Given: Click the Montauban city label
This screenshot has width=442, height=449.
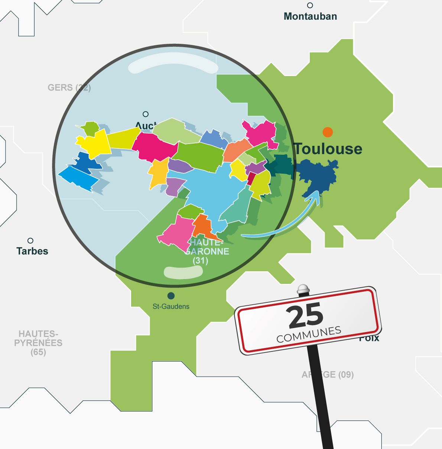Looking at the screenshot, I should click(x=310, y=16).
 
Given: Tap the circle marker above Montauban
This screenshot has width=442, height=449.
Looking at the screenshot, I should click(x=310, y=5).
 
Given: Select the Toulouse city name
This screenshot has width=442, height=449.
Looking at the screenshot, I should click(x=328, y=149).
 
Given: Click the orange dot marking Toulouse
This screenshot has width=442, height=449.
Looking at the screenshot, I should click(x=327, y=132).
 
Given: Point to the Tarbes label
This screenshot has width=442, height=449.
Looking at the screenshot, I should click(x=32, y=251).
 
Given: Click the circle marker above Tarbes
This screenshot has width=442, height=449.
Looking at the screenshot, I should click(x=30, y=241).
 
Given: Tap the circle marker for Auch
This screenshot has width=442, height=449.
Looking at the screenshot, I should click(x=146, y=114).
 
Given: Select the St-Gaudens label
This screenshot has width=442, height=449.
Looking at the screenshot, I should click(x=171, y=307).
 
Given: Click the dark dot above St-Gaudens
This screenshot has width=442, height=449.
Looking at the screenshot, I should click(x=171, y=296).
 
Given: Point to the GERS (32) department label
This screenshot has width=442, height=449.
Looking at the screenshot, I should click(x=69, y=88).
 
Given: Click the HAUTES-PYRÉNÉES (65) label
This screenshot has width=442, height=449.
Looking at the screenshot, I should click(x=38, y=343).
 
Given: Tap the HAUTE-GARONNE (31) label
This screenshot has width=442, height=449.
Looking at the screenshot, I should click(x=207, y=251).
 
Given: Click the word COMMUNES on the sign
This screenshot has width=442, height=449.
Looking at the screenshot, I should click(x=309, y=334).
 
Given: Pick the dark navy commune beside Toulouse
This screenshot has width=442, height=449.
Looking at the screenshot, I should click(x=318, y=174).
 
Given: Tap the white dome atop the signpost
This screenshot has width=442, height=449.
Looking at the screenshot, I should click(x=303, y=288).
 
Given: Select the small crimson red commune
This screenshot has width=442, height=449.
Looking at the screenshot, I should click(x=251, y=178).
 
